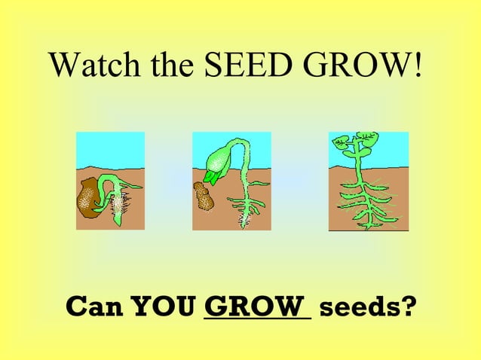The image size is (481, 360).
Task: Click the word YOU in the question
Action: click(x=164, y=307)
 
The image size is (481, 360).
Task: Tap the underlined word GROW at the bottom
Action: click(x=256, y=307)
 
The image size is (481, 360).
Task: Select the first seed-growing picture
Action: click(x=110, y=181)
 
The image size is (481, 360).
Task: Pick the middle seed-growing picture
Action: click(x=231, y=181)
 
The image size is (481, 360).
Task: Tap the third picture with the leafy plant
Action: click(x=368, y=181)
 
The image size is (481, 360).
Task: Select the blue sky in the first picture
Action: click(x=110, y=146)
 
